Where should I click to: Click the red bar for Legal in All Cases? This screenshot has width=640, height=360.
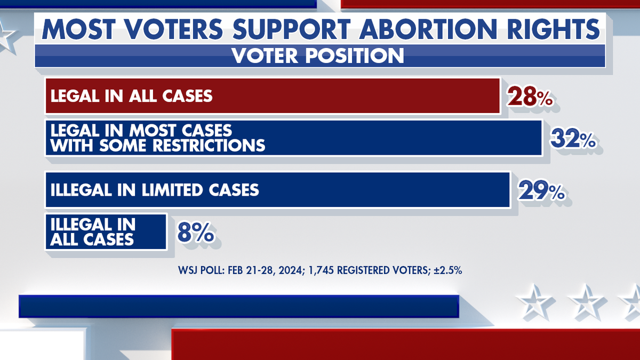pyautogui.click(x=273, y=96)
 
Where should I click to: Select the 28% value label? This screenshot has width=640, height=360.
pyautogui.click(x=530, y=97)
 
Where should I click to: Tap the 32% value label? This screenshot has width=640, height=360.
pyautogui.click(x=573, y=138)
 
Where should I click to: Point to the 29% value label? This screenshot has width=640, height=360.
pyautogui.click(x=541, y=190)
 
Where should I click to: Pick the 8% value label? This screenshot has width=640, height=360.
pyautogui.click(x=196, y=232)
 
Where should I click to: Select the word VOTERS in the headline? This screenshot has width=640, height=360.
pyautogui.click(x=174, y=29)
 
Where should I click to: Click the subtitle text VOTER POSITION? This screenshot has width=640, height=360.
pyautogui.click(x=318, y=55)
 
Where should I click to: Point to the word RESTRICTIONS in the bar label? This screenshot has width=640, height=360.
pyautogui.click(x=209, y=146)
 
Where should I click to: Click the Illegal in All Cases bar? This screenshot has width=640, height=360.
pyautogui.click(x=106, y=232)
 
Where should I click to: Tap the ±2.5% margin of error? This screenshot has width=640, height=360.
pyautogui.click(x=447, y=270)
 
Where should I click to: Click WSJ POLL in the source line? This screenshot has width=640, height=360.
pyautogui.click(x=202, y=270)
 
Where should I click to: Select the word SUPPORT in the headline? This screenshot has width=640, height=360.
pyautogui.click(x=291, y=29)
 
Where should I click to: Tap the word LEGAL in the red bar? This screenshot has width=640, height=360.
pyautogui.click(x=75, y=95)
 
